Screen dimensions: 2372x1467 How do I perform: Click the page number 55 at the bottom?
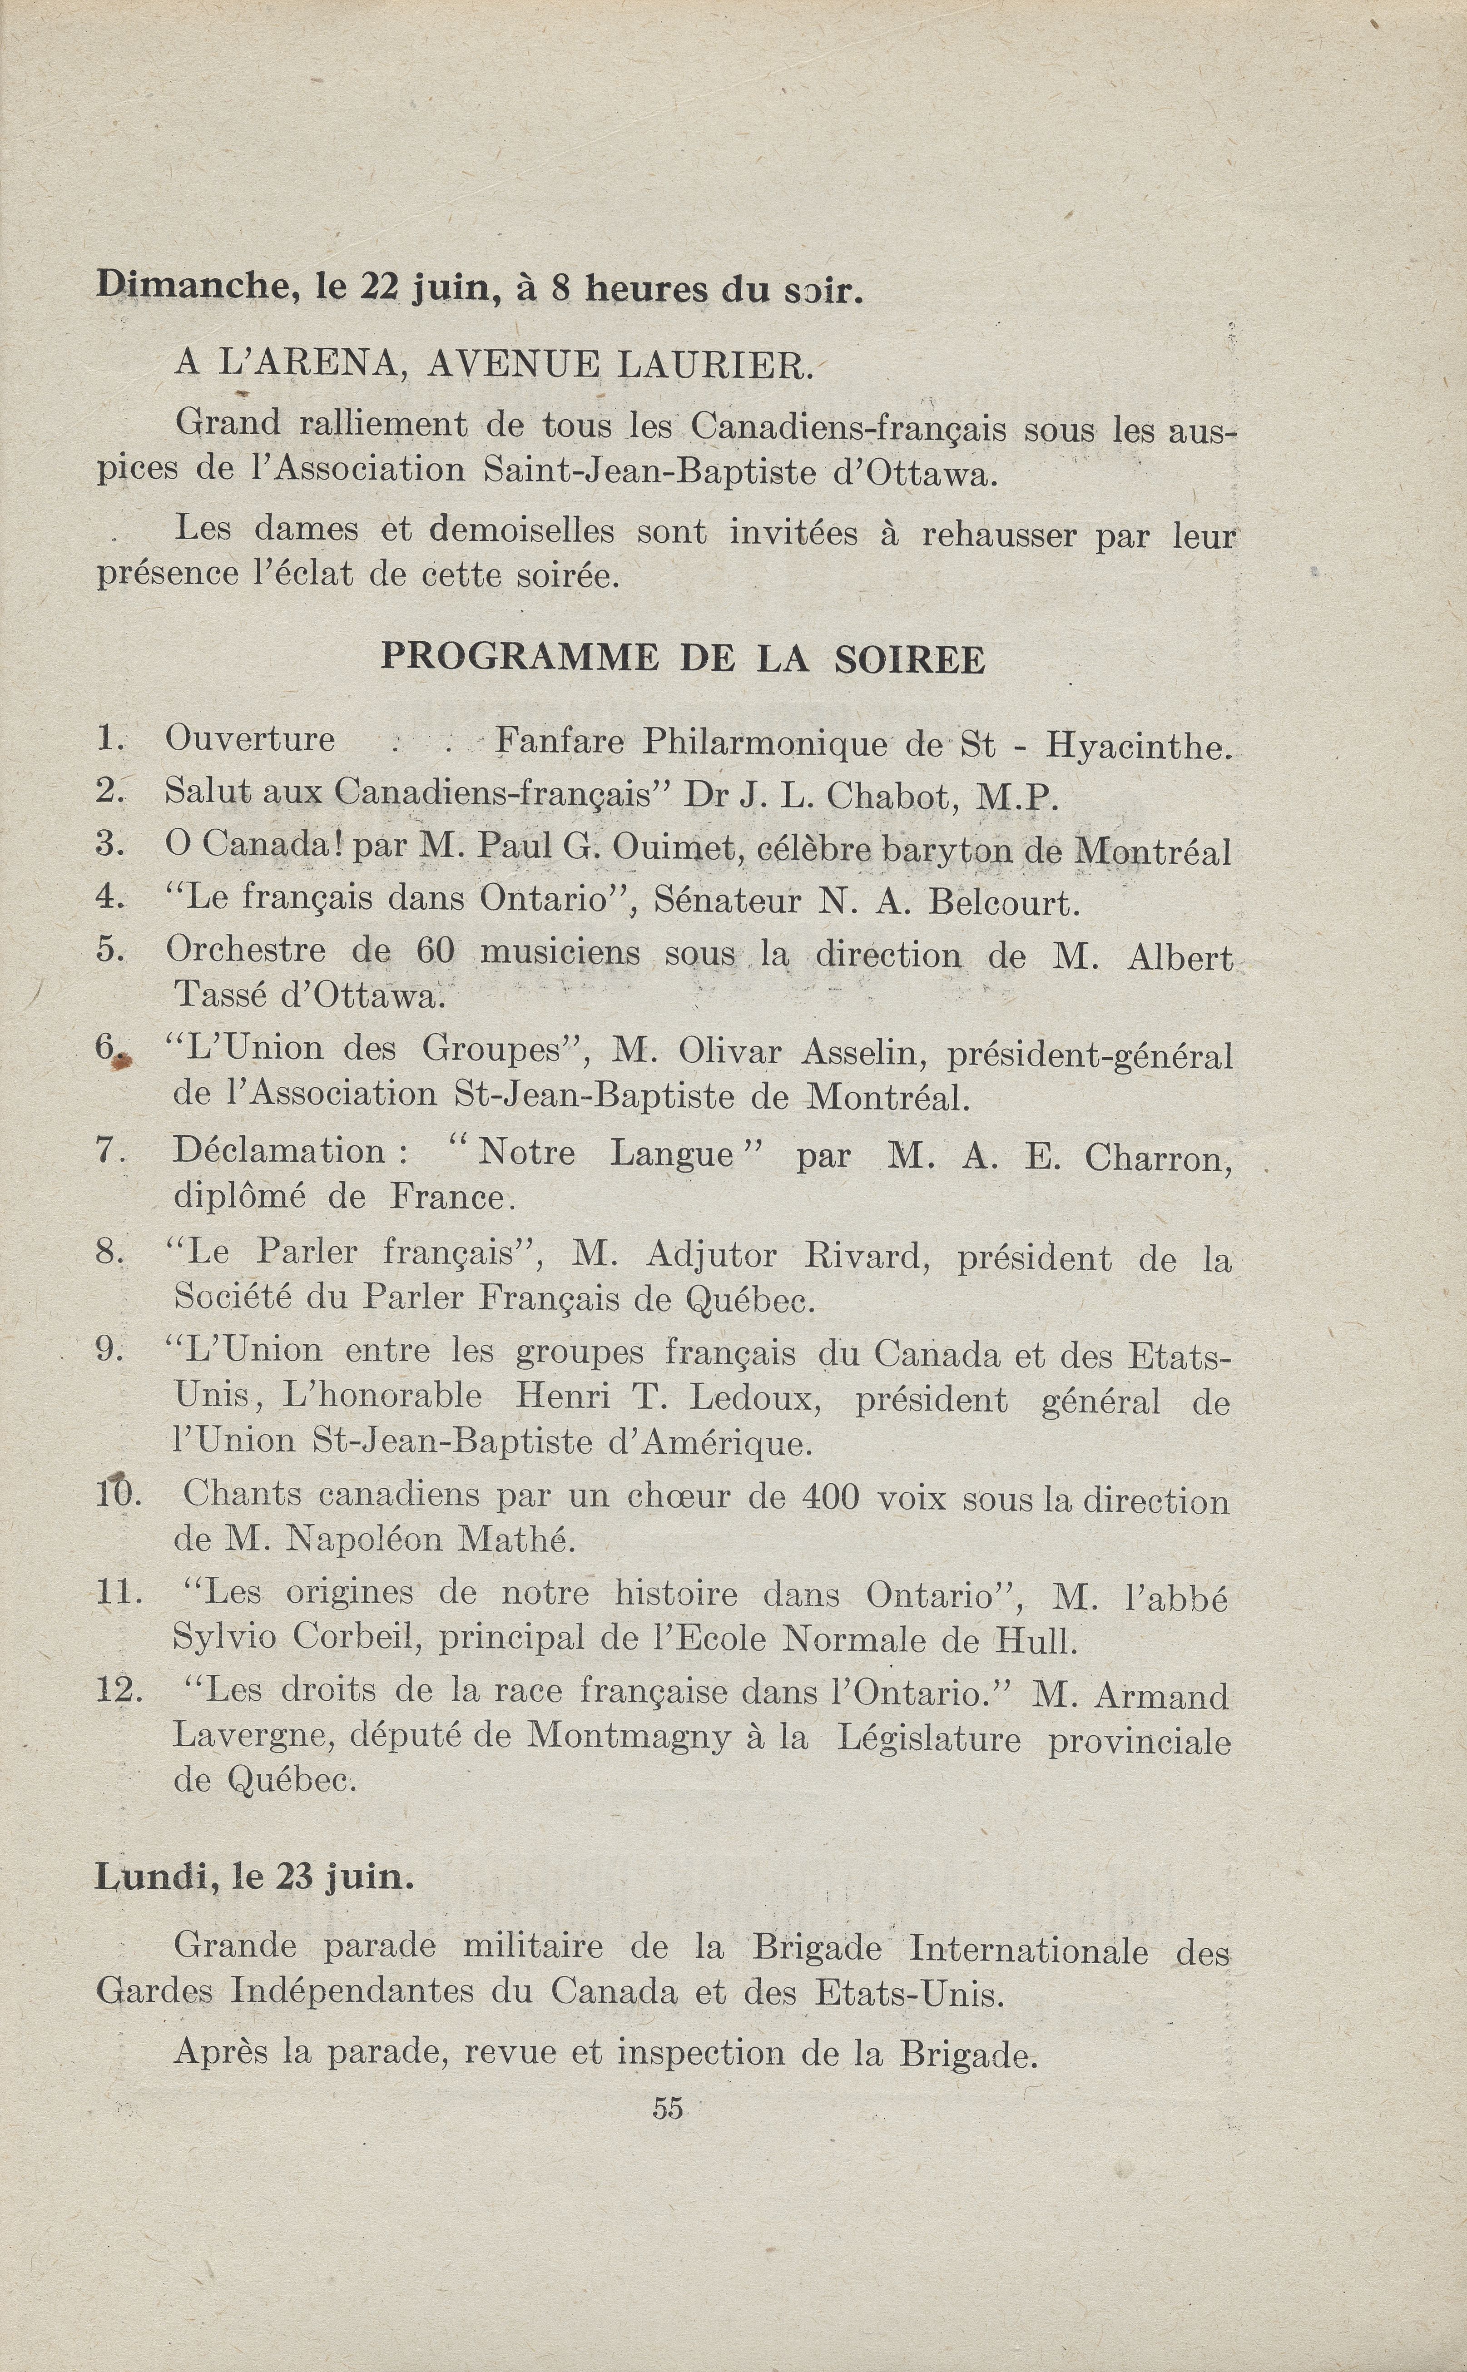point(668,2108)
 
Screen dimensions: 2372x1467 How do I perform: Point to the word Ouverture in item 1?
point(250,739)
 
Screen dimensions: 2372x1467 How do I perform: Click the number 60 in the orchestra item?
point(435,952)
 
